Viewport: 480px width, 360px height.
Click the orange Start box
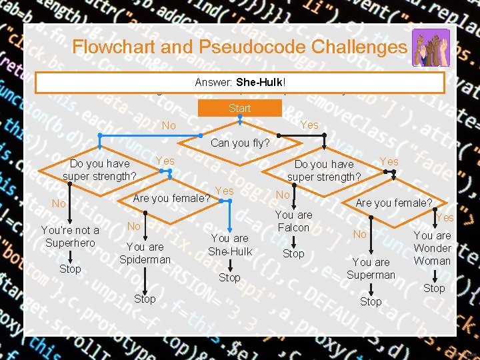239,109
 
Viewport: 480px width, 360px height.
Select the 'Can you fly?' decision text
240,143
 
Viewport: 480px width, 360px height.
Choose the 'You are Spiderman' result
145,253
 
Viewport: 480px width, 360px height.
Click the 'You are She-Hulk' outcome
229,245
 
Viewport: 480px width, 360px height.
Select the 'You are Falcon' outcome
293,221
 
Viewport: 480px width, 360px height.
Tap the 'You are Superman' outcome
371,269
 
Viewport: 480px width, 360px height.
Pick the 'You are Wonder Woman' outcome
433,248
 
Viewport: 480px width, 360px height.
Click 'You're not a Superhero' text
70,237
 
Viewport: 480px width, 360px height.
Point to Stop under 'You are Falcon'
293,254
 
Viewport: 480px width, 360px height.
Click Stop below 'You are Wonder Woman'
434,288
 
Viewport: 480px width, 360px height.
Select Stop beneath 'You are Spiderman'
145,299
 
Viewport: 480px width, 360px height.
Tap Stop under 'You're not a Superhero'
70,269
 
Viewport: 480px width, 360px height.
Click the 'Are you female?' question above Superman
393,203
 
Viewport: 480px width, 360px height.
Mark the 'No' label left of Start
169,126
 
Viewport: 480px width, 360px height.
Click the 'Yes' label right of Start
309,125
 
